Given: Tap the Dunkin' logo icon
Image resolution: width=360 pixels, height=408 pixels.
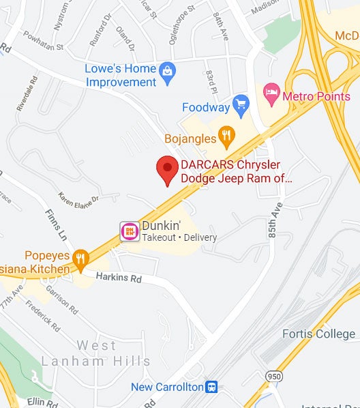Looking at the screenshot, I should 129,231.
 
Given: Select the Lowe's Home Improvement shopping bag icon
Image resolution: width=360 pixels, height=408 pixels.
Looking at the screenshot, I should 166,70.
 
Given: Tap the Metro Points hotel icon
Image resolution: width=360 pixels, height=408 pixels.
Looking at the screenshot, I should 271,91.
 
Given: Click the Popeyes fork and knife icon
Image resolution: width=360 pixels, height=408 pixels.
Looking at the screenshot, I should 80,257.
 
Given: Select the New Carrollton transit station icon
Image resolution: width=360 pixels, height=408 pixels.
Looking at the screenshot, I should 211,387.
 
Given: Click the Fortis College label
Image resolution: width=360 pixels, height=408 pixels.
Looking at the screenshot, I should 318,334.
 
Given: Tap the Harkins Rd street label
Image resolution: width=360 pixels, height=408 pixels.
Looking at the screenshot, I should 118,278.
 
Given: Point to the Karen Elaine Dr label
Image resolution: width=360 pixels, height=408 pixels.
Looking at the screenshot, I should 78,201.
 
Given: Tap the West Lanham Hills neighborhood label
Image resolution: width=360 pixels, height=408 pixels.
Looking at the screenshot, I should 95,353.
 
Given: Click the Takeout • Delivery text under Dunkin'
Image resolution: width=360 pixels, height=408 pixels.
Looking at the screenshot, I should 179,237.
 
